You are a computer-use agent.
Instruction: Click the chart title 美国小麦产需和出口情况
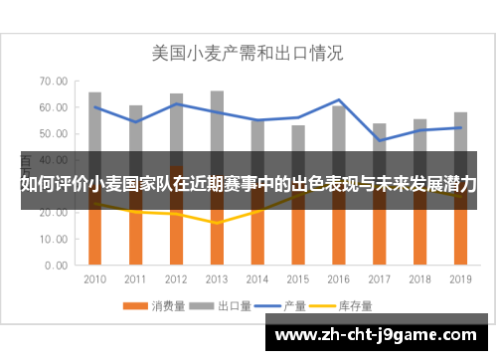pyautogui.click(x=248, y=52)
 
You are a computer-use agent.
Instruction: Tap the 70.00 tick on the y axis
pyautogui.click(x=55, y=82)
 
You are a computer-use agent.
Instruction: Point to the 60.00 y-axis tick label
pyautogui.click(x=55, y=107)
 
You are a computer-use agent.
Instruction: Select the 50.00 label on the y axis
pyautogui.click(x=55, y=134)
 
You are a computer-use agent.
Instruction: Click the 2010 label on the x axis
pyautogui.click(x=95, y=279)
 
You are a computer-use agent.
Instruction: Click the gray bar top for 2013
pyautogui.click(x=217, y=92)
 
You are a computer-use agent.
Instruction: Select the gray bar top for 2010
pyautogui.click(x=95, y=93)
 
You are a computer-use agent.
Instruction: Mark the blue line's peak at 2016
pyautogui.click(x=339, y=100)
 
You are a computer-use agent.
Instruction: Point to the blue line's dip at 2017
pyautogui.click(x=380, y=140)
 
